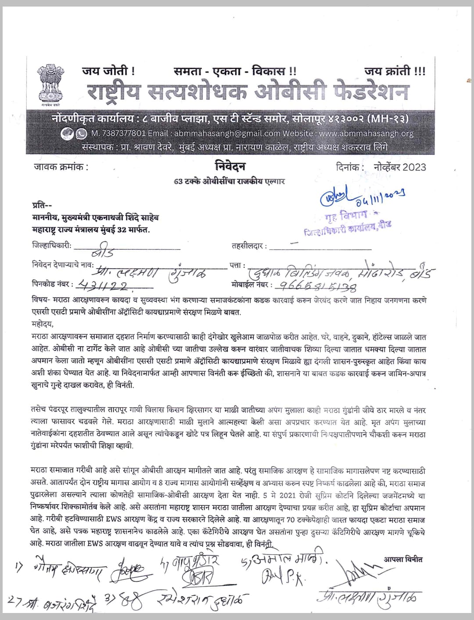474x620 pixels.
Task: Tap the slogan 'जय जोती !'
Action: point(108,70)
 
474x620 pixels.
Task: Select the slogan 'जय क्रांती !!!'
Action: point(395,71)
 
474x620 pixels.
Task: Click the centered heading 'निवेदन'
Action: point(230,166)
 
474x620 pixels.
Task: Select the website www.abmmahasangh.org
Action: point(366,133)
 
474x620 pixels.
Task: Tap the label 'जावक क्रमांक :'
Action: point(61,167)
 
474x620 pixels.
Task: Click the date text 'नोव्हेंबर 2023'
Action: point(400,167)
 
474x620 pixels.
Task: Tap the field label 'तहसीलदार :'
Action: point(249,246)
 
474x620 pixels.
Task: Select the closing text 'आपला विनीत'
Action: point(403,559)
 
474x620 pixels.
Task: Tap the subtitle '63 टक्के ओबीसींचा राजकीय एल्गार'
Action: point(230,181)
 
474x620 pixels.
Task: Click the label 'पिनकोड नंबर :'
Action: point(52,284)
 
